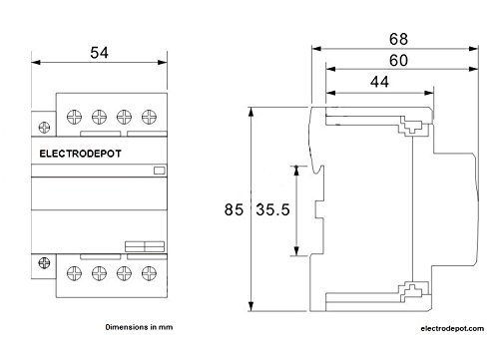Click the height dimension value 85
point(235,210)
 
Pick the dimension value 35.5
point(272,210)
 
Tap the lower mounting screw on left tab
point(45,262)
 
